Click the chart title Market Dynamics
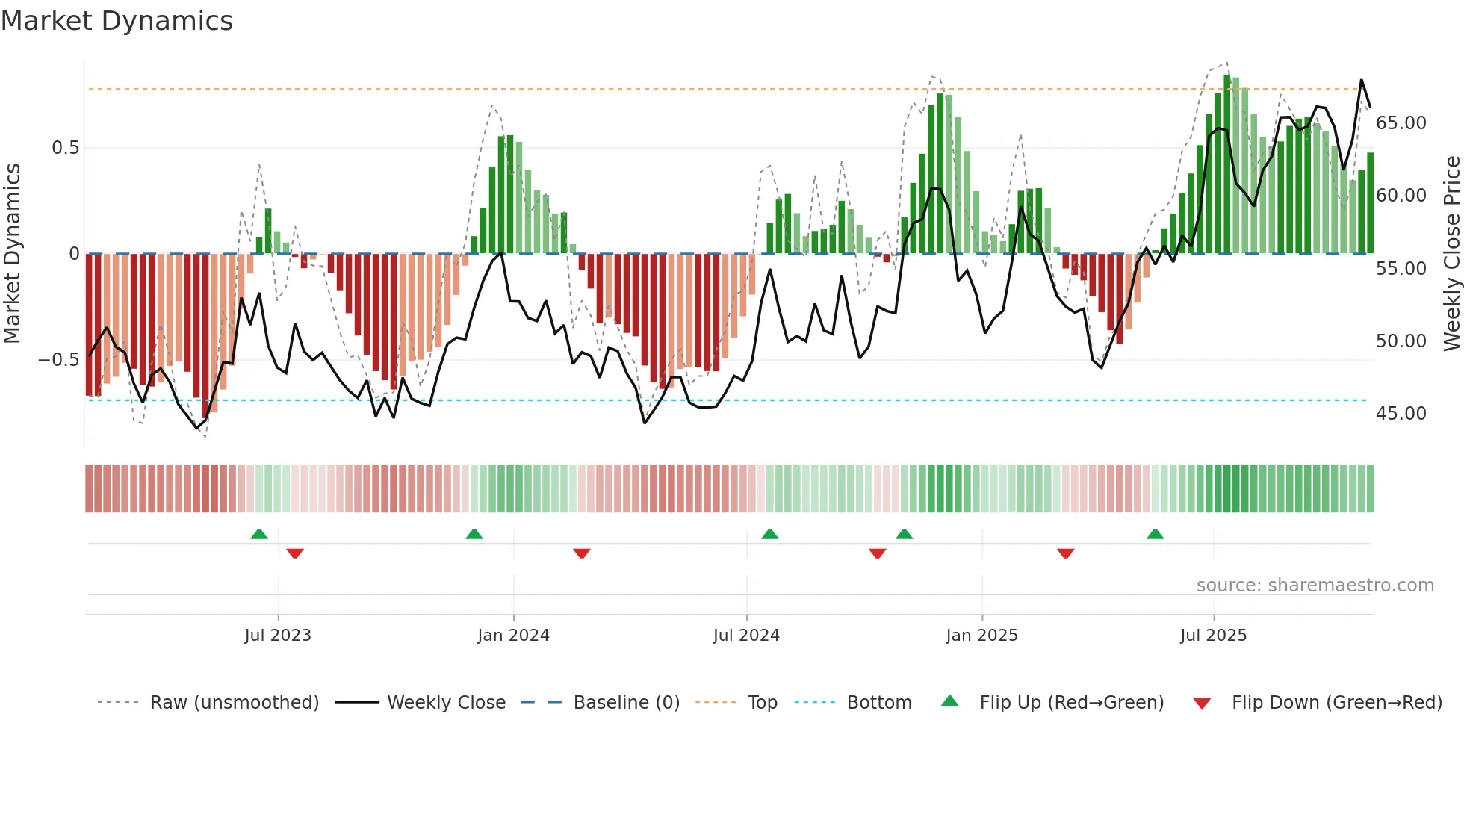(117, 21)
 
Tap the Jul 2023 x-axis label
(278, 636)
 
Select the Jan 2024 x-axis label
(513, 636)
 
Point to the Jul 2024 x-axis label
(746, 636)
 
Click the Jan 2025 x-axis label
(981, 636)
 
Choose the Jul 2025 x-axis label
(1213, 636)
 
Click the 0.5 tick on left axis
(65, 148)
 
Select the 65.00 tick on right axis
(1401, 123)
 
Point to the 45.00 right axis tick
(1401, 414)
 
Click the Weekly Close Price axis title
(1451, 254)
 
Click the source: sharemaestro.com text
(1315, 586)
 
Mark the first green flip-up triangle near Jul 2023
(259, 534)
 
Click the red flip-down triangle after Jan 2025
(1065, 553)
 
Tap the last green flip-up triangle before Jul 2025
(1155, 534)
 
